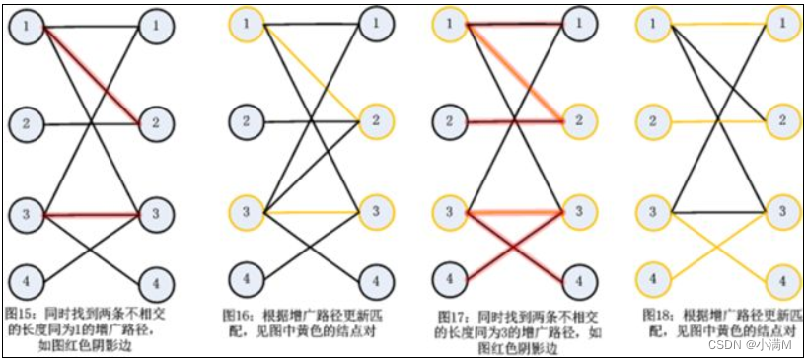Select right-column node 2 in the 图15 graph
coord(155,122)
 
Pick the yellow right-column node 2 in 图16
coord(375,121)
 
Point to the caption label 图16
coord(235,315)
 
